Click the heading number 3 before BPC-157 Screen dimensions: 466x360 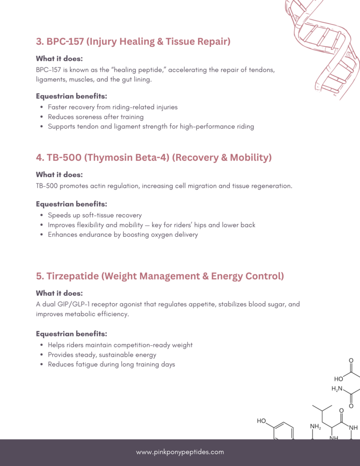coord(39,42)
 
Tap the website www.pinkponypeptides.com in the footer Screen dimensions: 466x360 coord(180,452)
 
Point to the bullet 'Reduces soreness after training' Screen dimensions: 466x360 coord(96,117)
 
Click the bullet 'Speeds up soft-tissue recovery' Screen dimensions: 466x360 coord(95,215)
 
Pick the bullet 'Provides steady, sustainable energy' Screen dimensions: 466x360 coord(102,355)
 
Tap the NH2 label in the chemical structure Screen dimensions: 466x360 coord(315,426)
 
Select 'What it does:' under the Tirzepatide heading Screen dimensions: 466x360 coord(59,293)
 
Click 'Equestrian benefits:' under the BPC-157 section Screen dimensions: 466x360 coord(71,96)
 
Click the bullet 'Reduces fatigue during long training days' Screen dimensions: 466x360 coord(112,364)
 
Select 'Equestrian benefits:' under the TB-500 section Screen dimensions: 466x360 coord(71,204)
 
